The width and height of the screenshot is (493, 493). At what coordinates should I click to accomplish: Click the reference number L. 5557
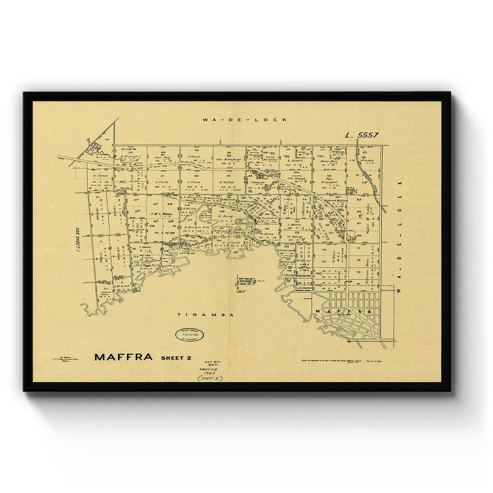click(x=362, y=135)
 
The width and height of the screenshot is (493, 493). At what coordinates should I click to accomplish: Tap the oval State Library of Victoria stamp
click(x=189, y=335)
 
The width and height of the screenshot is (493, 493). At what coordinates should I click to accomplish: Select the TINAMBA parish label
click(x=205, y=315)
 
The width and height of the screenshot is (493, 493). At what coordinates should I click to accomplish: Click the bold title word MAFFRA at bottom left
click(x=123, y=357)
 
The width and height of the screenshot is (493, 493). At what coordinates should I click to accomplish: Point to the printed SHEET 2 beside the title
click(x=176, y=358)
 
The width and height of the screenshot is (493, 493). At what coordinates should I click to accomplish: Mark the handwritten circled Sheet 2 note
click(x=210, y=378)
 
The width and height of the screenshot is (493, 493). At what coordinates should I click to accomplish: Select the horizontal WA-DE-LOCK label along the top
click(x=245, y=119)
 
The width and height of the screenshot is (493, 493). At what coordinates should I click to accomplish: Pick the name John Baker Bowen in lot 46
click(x=228, y=157)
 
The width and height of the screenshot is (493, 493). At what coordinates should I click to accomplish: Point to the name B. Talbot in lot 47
click(x=227, y=182)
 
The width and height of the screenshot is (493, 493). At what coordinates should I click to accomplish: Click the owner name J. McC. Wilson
click(x=160, y=214)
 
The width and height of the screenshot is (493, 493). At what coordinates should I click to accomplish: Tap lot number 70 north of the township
click(x=324, y=250)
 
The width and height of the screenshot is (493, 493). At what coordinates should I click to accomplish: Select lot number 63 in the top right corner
click(x=365, y=152)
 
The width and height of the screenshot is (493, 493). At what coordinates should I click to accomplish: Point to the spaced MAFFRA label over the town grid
click(x=343, y=312)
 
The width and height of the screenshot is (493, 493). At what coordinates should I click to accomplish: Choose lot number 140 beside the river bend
click(x=235, y=251)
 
